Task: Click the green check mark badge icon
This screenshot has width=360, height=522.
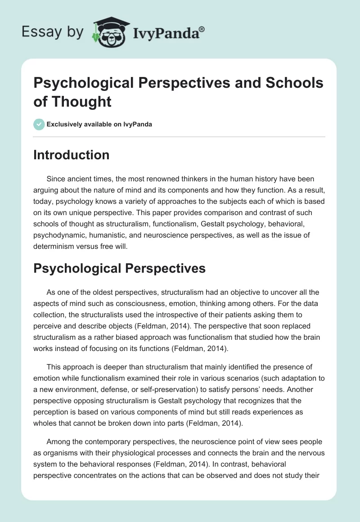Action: pos(39,124)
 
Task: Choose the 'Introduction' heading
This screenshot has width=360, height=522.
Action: pos(71,155)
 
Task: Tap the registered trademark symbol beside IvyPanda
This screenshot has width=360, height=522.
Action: pos(202,28)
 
